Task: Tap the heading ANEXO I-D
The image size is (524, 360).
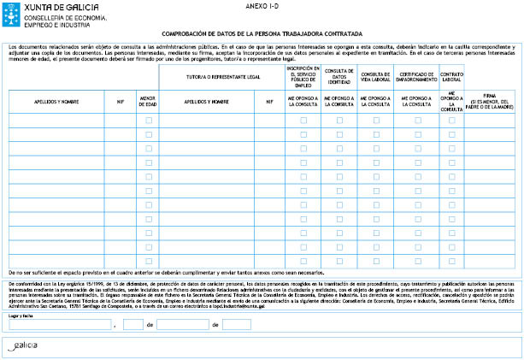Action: pos(257,5)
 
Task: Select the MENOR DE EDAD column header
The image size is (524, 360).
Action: pos(148,101)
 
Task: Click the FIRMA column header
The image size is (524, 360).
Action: pos(492,101)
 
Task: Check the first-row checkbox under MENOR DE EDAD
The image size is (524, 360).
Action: pos(149,121)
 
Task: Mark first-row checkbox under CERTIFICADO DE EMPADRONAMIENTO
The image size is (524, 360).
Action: pos(416,121)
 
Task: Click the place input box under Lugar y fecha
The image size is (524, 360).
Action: pos(60,325)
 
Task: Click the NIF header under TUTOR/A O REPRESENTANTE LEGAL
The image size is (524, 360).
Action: pos(268,101)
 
